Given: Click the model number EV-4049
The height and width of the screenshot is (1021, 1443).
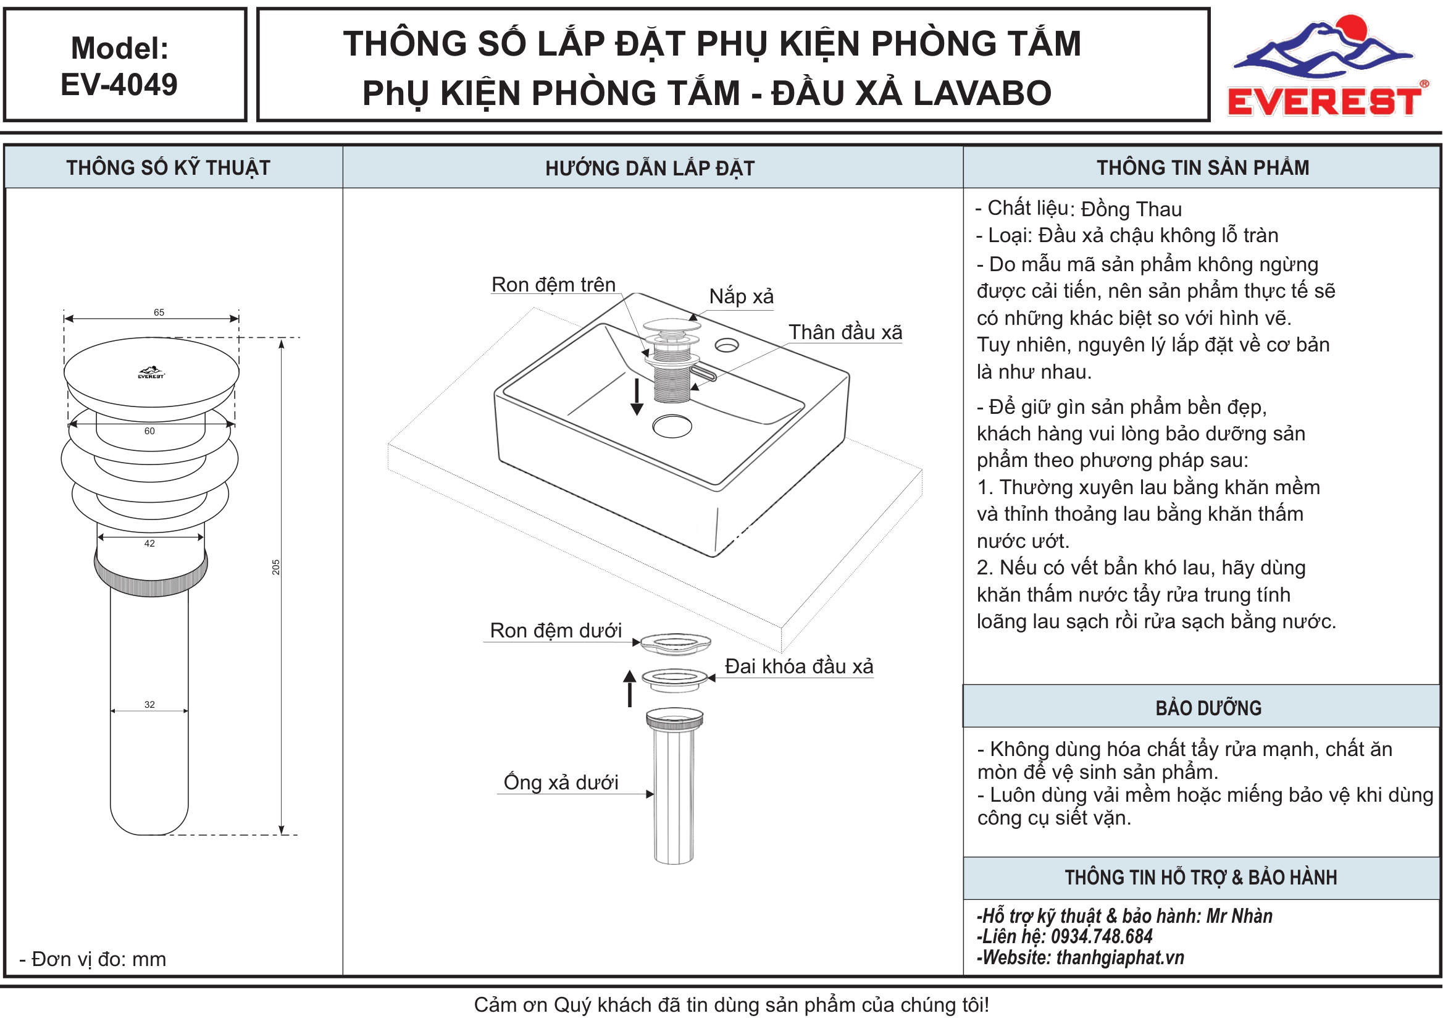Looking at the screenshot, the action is tap(119, 84).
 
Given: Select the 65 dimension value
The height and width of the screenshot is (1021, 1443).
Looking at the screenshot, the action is tap(159, 313).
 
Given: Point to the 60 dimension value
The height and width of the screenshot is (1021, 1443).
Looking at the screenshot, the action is tap(149, 431).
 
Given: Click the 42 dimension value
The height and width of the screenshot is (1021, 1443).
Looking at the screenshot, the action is tap(149, 544).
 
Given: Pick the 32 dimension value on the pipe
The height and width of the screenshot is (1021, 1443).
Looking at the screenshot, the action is tap(149, 705).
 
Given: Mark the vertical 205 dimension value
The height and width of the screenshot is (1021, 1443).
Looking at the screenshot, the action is tap(276, 567).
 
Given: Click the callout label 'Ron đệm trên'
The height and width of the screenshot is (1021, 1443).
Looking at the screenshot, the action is tap(554, 285).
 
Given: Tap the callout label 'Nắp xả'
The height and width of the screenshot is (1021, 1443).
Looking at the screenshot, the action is tap(742, 296).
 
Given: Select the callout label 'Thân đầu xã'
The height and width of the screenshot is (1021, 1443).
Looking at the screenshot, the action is tap(845, 332).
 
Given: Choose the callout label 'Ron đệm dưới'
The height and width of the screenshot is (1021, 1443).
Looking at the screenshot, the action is tap(556, 631).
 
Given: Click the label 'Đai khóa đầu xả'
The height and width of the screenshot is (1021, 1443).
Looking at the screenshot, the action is tap(799, 666).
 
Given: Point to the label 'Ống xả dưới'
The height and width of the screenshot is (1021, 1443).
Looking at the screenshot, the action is tap(561, 782).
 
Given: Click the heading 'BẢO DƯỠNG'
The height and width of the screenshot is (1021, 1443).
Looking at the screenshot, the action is tap(1208, 708).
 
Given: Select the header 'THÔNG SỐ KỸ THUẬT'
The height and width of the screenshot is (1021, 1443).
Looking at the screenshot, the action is tap(169, 168).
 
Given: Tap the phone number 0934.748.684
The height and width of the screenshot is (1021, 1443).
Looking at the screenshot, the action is tap(1102, 937).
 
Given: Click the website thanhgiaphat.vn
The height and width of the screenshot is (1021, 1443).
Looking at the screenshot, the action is tap(1121, 957).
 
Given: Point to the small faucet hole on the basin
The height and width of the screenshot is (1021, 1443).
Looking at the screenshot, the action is tap(727, 346).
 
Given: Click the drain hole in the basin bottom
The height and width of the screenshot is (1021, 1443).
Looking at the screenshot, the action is tap(672, 426).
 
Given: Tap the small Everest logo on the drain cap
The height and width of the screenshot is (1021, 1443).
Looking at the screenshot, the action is tap(151, 373).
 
